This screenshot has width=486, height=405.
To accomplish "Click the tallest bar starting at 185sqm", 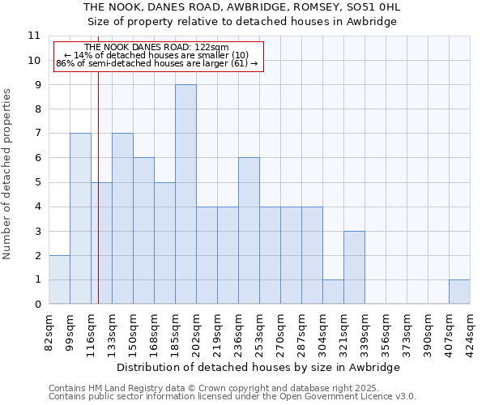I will pos(185,194).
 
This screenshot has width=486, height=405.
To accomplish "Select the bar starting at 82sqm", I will pos(59,279).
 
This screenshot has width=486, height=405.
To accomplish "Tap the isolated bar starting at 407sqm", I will pos(459,292).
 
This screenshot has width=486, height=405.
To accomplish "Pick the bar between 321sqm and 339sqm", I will pos(354,267).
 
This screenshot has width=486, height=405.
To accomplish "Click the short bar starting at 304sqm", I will pos(333,292).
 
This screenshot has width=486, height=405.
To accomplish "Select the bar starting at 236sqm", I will pos(249,231).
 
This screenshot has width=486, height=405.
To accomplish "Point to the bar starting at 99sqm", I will pos(80,219).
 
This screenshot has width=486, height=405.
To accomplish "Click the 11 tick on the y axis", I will pos(34,36).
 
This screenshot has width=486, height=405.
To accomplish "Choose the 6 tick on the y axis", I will pos(36,158).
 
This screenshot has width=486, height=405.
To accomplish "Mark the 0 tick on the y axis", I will pos(36,305).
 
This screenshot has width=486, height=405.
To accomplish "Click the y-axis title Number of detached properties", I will pos(7,174).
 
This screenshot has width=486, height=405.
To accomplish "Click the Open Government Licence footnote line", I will pos(232,397).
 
